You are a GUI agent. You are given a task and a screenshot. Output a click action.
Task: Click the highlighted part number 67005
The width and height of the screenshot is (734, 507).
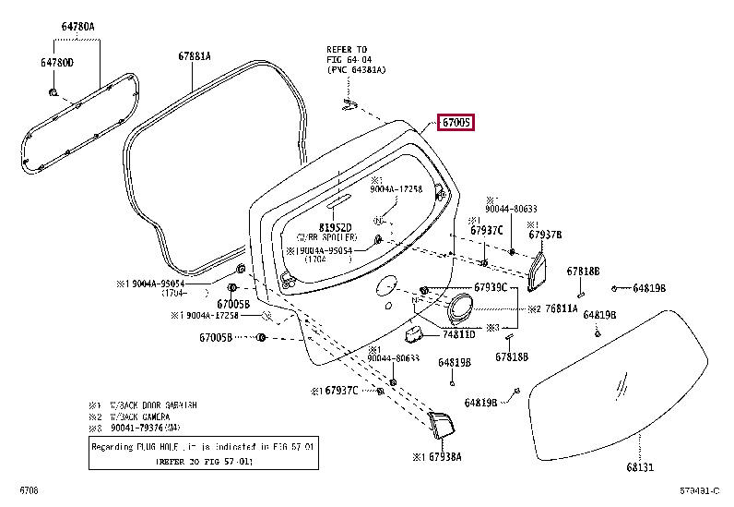456,122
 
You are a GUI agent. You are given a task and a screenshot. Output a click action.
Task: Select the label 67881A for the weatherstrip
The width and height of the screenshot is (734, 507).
195,55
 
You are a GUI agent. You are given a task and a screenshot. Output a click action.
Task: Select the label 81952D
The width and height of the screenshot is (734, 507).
336,226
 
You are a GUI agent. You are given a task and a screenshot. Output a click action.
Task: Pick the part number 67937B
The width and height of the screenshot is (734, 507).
544,235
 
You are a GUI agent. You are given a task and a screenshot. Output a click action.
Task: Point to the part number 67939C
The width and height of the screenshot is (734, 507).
490,287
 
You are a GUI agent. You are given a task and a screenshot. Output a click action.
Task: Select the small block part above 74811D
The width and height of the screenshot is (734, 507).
417,330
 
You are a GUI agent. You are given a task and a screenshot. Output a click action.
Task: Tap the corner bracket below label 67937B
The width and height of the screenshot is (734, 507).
539,269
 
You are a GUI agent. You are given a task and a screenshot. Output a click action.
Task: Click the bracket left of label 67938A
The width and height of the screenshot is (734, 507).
441,424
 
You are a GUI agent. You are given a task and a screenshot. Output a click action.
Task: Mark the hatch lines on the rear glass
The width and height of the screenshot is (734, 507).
624,380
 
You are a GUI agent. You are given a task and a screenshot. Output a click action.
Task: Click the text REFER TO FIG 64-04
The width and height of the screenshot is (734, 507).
346,54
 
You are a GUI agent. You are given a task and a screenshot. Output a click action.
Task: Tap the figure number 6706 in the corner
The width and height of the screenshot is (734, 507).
30,489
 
